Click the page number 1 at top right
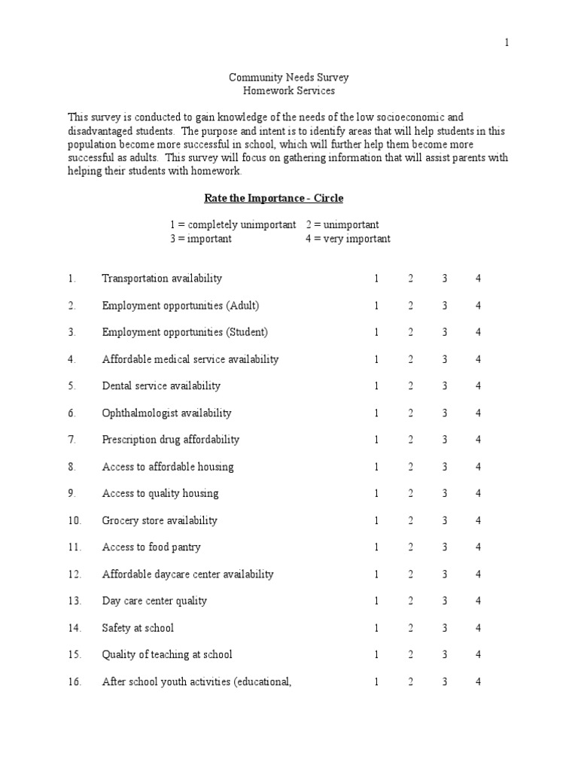[x=507, y=43]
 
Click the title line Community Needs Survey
[x=289, y=78]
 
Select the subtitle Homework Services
[x=289, y=91]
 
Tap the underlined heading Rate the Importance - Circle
[x=274, y=198]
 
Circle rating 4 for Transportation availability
[x=478, y=279]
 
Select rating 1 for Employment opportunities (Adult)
[x=376, y=306]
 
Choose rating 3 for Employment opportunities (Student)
[x=445, y=332]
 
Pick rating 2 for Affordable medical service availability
[x=411, y=359]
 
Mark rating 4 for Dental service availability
[x=478, y=386]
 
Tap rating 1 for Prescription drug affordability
[x=376, y=440]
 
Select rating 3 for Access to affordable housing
[x=445, y=467]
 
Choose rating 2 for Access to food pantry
[x=411, y=547]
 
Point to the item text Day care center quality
[x=154, y=601]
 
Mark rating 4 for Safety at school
[x=478, y=628]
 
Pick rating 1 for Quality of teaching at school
[x=376, y=655]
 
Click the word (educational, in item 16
[x=261, y=682]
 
